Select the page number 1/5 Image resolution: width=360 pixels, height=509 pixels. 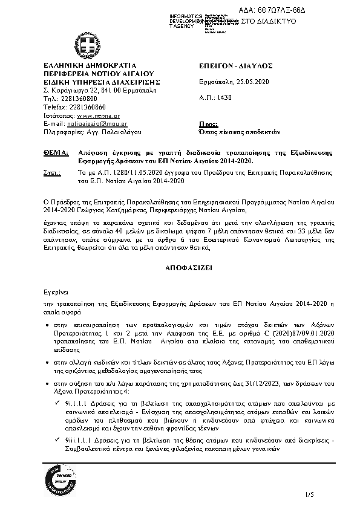point(311,495)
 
